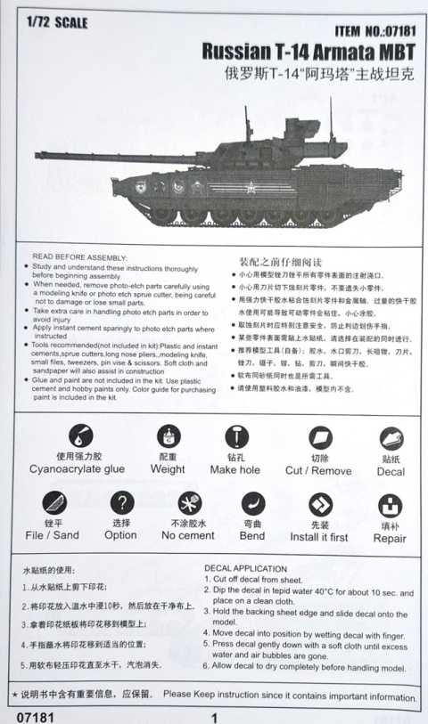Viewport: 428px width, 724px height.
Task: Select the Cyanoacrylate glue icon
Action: coord(78,436)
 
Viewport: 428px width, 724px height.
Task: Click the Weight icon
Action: coord(167,436)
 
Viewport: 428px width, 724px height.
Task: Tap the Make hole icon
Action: coord(235,437)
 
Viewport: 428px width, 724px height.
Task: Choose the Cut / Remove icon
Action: coord(319,437)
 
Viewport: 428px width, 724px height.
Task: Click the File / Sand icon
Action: coord(53,503)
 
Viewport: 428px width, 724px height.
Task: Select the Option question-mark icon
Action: coord(121,503)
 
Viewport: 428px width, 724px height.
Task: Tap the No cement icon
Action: coord(189,503)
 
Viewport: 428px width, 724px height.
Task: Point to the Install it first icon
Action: coord(320,504)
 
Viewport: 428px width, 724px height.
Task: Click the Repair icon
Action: coord(390,505)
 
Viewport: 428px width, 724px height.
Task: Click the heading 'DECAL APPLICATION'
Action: coord(245,567)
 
